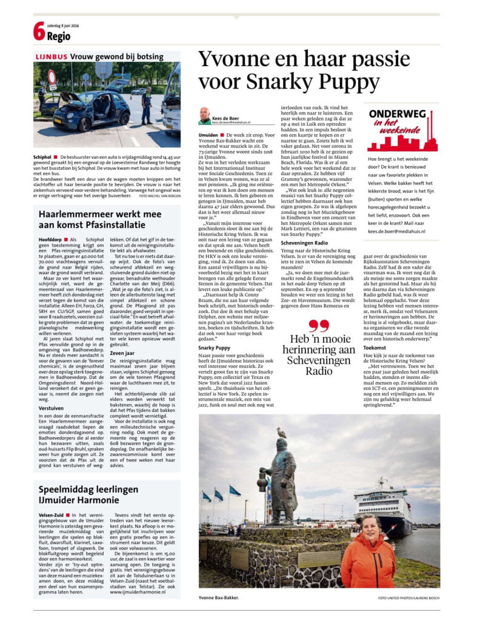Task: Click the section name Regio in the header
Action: (59, 36)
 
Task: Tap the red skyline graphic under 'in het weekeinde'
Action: (402, 141)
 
